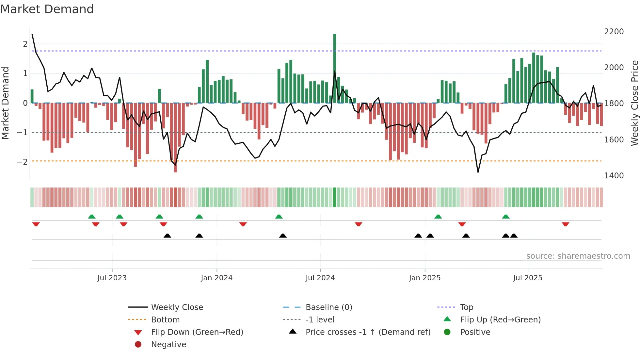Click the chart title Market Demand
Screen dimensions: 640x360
47,9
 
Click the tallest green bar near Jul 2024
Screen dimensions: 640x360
334,69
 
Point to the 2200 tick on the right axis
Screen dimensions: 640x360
614,32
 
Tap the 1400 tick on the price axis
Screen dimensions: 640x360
614,176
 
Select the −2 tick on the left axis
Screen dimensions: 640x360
22,162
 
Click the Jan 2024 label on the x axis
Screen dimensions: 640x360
216,278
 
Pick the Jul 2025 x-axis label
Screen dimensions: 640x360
527,278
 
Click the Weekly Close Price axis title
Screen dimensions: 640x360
634,103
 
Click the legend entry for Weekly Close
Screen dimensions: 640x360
177,307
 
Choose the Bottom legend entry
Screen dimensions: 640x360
165,320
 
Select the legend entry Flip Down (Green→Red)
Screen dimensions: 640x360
197,332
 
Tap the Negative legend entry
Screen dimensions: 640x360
168,345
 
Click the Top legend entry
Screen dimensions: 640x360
466,307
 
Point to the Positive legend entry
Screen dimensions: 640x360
475,332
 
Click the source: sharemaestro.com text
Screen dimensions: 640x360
578,256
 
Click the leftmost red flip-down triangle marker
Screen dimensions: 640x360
36,224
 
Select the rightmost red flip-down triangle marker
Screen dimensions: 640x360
566,224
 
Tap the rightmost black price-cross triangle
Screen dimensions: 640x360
514,236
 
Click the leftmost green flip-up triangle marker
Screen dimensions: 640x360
92,217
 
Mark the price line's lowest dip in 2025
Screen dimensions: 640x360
478,172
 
